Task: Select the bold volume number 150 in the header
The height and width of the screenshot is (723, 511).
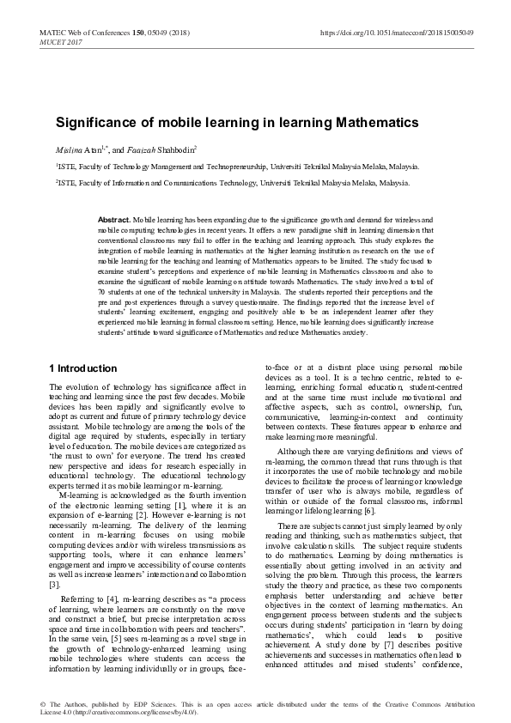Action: coord(132,32)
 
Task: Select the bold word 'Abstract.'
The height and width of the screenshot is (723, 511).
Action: coord(114,221)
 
